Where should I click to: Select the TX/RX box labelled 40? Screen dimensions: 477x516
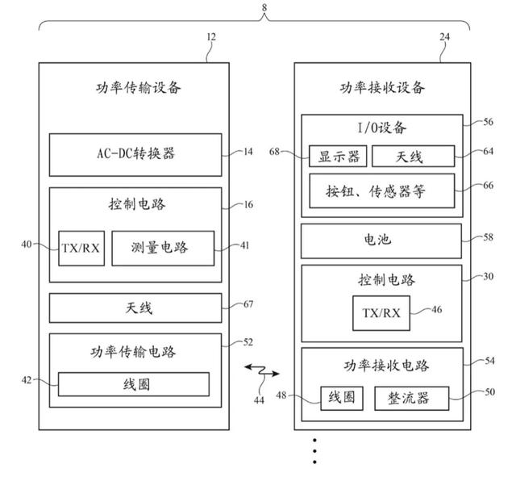pyautogui.click(x=80, y=248)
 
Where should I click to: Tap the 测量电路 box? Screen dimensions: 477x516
pyautogui.click(x=162, y=248)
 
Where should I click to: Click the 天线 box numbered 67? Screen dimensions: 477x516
pyautogui.click(x=135, y=308)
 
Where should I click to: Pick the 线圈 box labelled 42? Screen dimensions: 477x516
pyautogui.click(x=133, y=384)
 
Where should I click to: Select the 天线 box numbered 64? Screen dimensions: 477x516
pyautogui.click(x=414, y=156)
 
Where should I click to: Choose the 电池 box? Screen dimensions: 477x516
pyautogui.click(x=381, y=241)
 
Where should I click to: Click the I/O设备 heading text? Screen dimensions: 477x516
pyautogui.click(x=381, y=127)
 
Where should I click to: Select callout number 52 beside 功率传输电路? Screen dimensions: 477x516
pyautogui.click(x=248, y=342)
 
